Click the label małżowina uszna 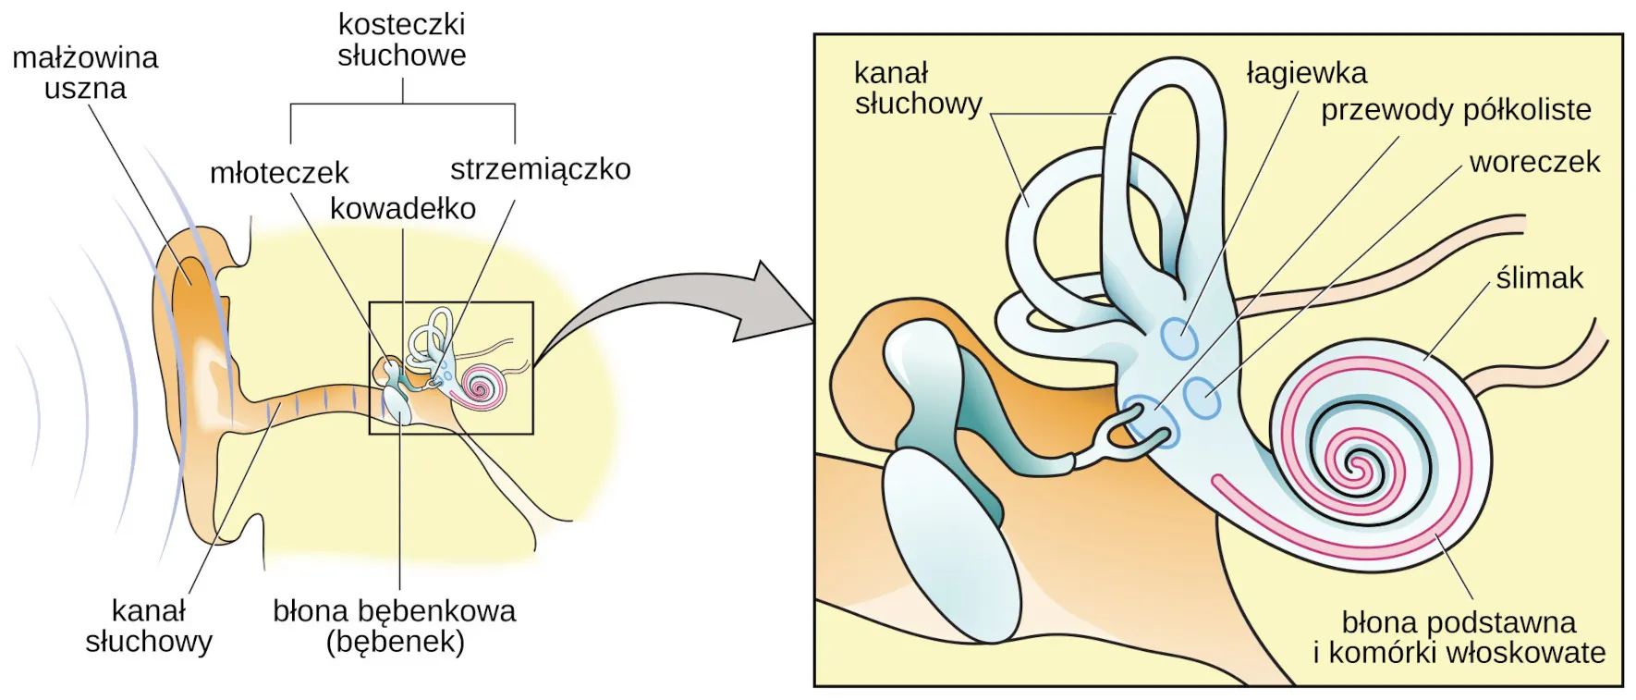click(x=85, y=73)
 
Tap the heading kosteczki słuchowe click(x=401, y=40)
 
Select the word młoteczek click(x=279, y=173)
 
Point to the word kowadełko click(x=403, y=209)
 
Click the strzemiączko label click(x=541, y=169)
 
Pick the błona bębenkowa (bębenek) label click(x=395, y=626)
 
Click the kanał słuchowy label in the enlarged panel click(x=918, y=88)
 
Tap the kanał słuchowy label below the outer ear click(x=149, y=626)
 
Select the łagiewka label click(x=1306, y=73)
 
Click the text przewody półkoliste click(x=1456, y=110)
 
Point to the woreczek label click(x=1534, y=162)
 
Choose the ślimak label click(x=1539, y=277)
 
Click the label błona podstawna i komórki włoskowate click(x=1459, y=637)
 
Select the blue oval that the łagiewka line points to click(x=1178, y=338)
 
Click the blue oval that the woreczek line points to click(x=1202, y=399)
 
